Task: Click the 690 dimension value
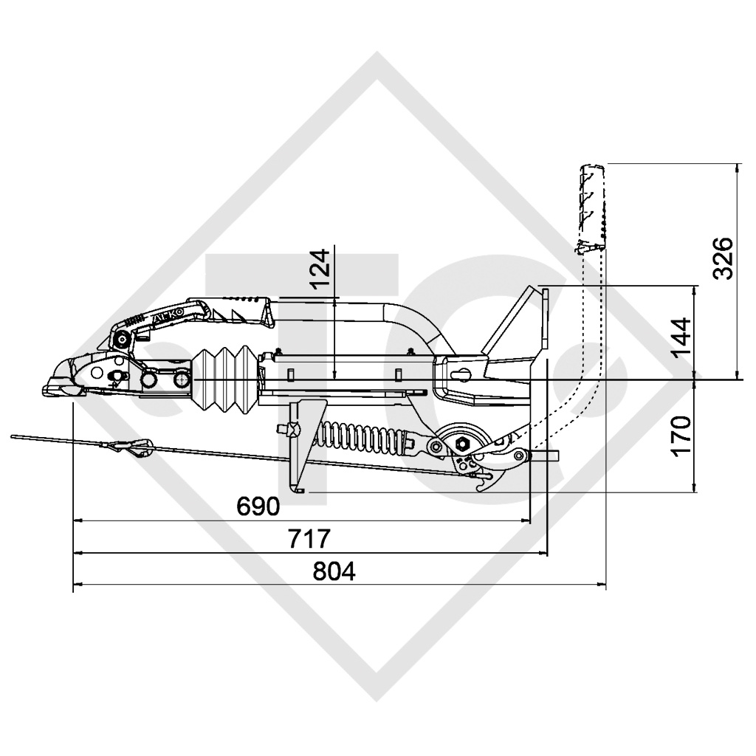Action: pos(258,506)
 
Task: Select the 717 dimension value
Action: pos(309,538)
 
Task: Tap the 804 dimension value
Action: pos(334,571)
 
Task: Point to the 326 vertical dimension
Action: pos(723,258)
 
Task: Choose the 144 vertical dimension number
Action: pos(681,337)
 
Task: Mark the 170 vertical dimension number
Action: pos(681,436)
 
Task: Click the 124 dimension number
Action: pos(320,269)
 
